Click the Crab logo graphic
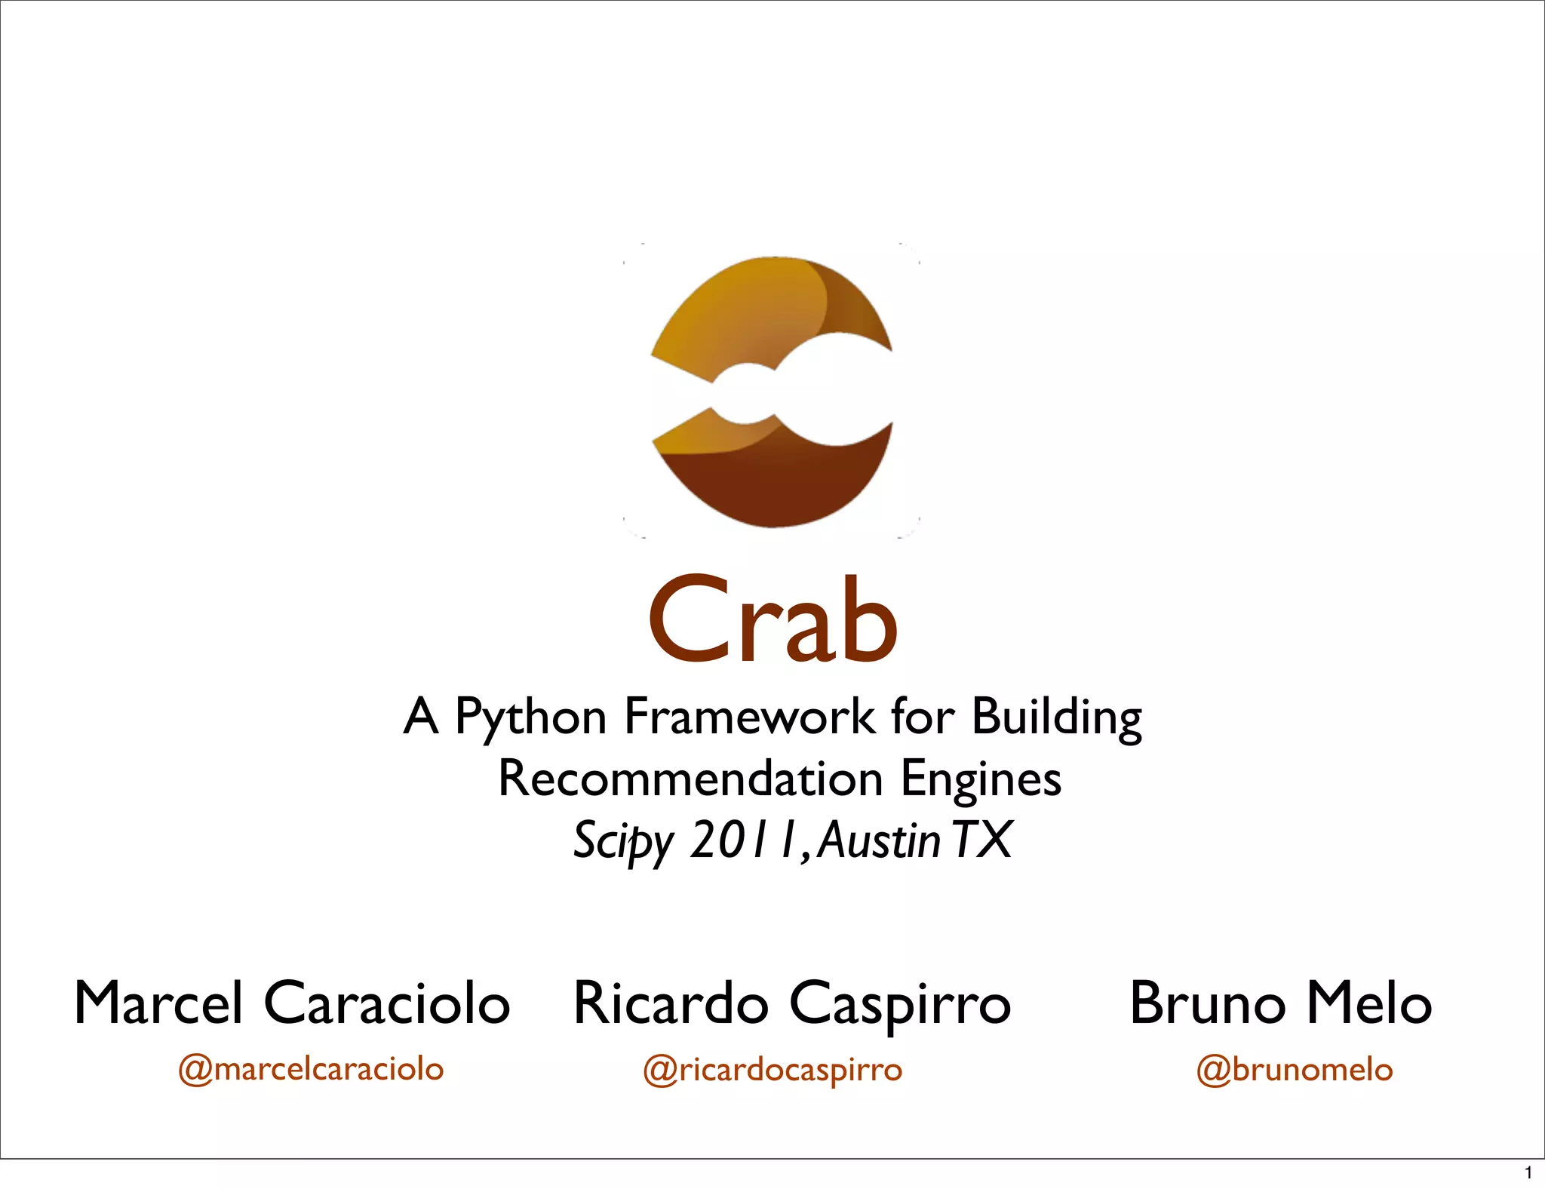click(x=772, y=391)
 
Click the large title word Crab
click(x=772, y=620)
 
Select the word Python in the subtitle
click(x=530, y=717)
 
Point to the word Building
click(x=1056, y=717)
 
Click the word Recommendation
click(x=690, y=779)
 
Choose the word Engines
click(x=981, y=780)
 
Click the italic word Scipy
click(x=623, y=840)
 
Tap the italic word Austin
click(x=879, y=840)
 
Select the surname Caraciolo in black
click(x=387, y=1003)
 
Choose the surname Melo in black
click(x=1368, y=1003)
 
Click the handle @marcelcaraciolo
click(x=311, y=1069)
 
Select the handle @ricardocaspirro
click(x=772, y=1070)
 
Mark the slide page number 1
click(x=1528, y=1173)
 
